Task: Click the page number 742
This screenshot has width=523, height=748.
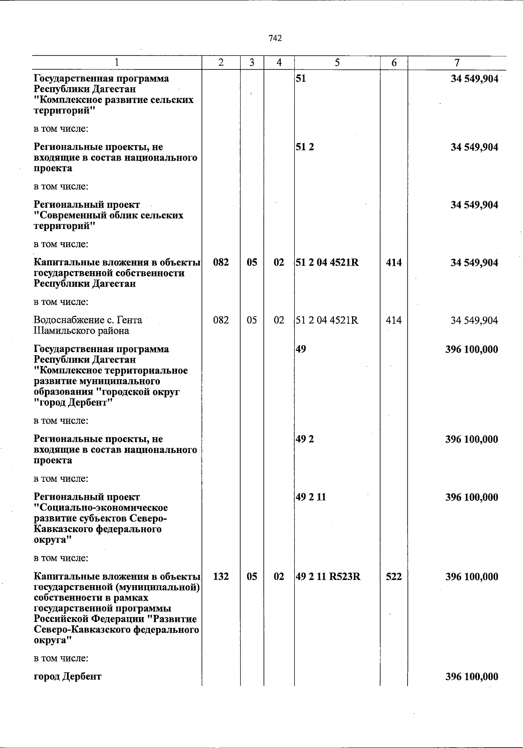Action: click(275, 38)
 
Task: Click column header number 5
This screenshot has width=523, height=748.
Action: click(337, 63)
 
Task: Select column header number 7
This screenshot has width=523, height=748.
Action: click(456, 63)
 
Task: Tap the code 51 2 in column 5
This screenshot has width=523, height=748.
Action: click(305, 147)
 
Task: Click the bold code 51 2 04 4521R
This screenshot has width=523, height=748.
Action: click(327, 263)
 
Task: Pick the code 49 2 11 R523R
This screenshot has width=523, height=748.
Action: click(328, 576)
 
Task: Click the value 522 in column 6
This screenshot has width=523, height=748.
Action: click(394, 576)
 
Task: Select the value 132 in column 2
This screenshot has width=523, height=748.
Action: click(221, 576)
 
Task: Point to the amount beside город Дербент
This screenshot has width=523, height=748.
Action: click(472, 677)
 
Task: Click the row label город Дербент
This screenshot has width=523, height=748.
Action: click(68, 677)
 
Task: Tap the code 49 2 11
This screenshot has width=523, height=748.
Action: click(311, 497)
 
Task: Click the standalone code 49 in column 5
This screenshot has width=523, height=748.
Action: click(301, 349)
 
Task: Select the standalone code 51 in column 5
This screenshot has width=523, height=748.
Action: click(301, 79)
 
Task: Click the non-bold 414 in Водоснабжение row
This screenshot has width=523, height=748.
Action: click(394, 320)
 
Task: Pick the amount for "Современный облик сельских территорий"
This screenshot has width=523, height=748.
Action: click(474, 205)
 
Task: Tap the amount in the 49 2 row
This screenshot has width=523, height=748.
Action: click(472, 439)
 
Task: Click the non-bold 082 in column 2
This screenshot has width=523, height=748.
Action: click(221, 320)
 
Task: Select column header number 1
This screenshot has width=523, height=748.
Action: click(117, 63)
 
